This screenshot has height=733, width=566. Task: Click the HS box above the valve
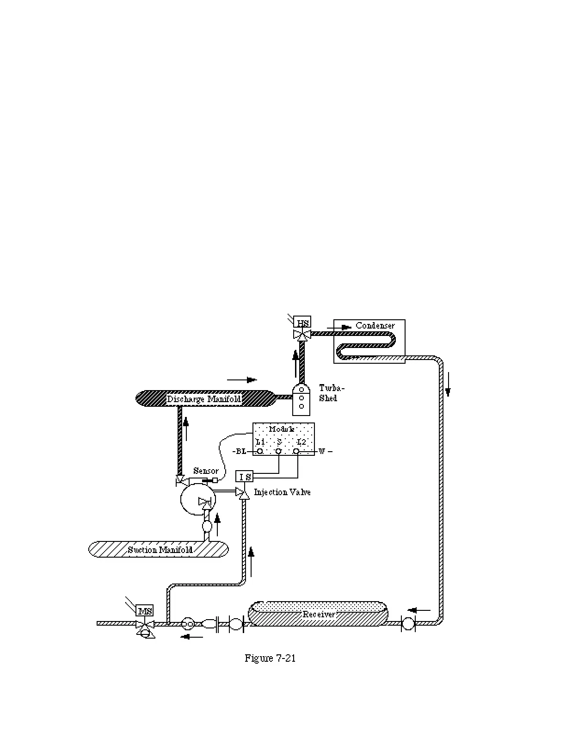pos(303,323)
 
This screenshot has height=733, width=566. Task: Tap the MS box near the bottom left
pos(145,611)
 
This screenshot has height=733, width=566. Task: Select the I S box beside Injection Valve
pos(245,476)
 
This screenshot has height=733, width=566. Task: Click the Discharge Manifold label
pos(204,399)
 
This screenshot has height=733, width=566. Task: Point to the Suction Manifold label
pos(160,550)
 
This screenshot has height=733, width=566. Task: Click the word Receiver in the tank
pos(319,615)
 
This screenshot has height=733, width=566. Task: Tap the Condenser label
pos(375,325)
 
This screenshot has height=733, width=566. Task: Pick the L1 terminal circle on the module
pos(260,451)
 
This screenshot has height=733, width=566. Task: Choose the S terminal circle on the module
pos(278,451)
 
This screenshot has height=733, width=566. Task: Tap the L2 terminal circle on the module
pos(297,451)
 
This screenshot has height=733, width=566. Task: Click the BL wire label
pos(241,451)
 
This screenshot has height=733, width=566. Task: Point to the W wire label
pos(322,451)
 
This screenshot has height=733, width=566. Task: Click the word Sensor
pos(206,471)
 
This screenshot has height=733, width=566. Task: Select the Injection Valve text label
pos(282,492)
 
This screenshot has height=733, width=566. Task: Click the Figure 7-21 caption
pos(270,658)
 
